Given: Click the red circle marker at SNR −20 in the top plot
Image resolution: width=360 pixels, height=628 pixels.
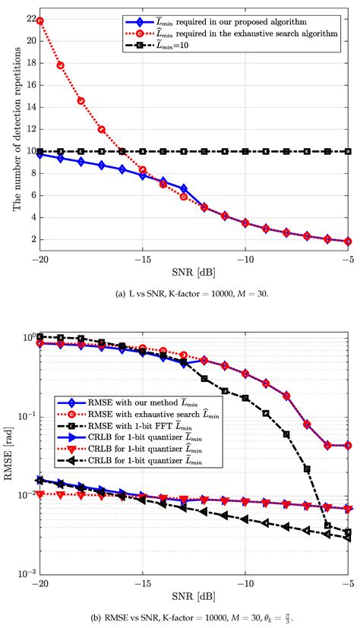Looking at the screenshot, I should [39, 21].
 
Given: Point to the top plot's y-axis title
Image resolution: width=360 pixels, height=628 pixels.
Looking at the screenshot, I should [11, 130].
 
